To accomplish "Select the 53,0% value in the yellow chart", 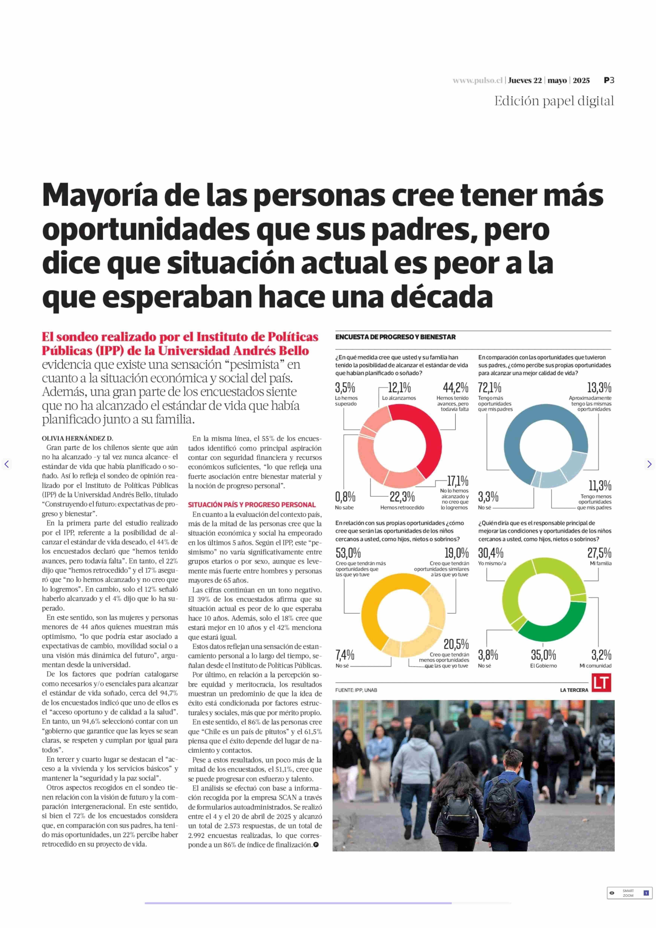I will (x=348, y=553).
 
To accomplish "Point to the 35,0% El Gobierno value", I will (x=543, y=655).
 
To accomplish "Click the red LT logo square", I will (x=601, y=683).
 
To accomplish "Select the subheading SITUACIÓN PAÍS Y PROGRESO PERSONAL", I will (x=252, y=505).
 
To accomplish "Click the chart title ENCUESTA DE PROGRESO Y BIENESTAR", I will (x=395, y=337).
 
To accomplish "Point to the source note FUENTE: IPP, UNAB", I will (x=356, y=690).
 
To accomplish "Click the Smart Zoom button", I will (x=629, y=893).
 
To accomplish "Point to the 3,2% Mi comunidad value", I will (x=601, y=655).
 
